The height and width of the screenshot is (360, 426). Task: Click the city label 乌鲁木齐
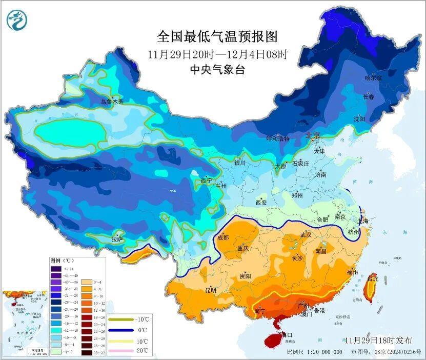pyautogui.click(x=112, y=102)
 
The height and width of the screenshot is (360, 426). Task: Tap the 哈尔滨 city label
pyautogui.click(x=373, y=78)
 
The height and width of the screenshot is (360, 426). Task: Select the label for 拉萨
pyautogui.click(x=117, y=238)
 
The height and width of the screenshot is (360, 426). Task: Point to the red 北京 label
pyautogui.click(x=313, y=135)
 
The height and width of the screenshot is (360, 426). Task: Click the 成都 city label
pyautogui.click(x=223, y=237)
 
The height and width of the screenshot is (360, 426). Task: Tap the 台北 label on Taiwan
pyautogui.click(x=373, y=278)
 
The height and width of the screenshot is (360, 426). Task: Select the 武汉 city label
pyautogui.click(x=306, y=234)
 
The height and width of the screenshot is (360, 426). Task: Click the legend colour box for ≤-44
pyautogui.click(x=55, y=268)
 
